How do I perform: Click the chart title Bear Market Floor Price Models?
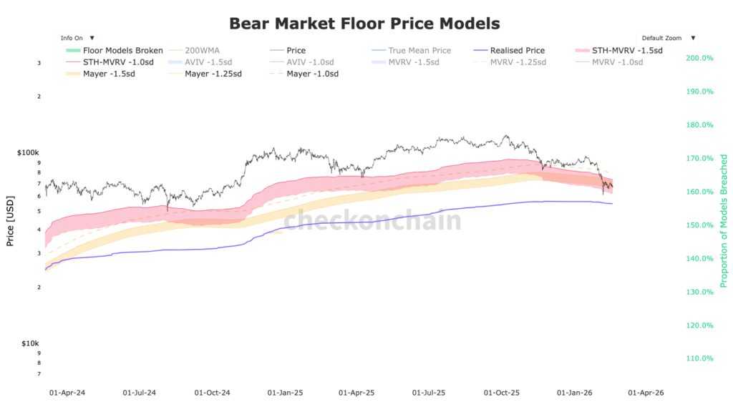pyautogui.click(x=364, y=23)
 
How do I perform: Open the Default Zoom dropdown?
pyautogui.click(x=668, y=38)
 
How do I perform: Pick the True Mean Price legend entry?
pyautogui.click(x=419, y=51)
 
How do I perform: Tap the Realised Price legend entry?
pyautogui.click(x=517, y=51)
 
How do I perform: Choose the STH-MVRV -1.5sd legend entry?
pyautogui.click(x=627, y=51)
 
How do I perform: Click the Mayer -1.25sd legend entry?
pyautogui.click(x=212, y=74)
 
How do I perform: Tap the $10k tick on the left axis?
pyautogui.click(x=30, y=344)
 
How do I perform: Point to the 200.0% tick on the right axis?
pyautogui.click(x=699, y=58)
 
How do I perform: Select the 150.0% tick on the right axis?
pyautogui.click(x=699, y=225)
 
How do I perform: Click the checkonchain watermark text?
pyautogui.click(x=373, y=220)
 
